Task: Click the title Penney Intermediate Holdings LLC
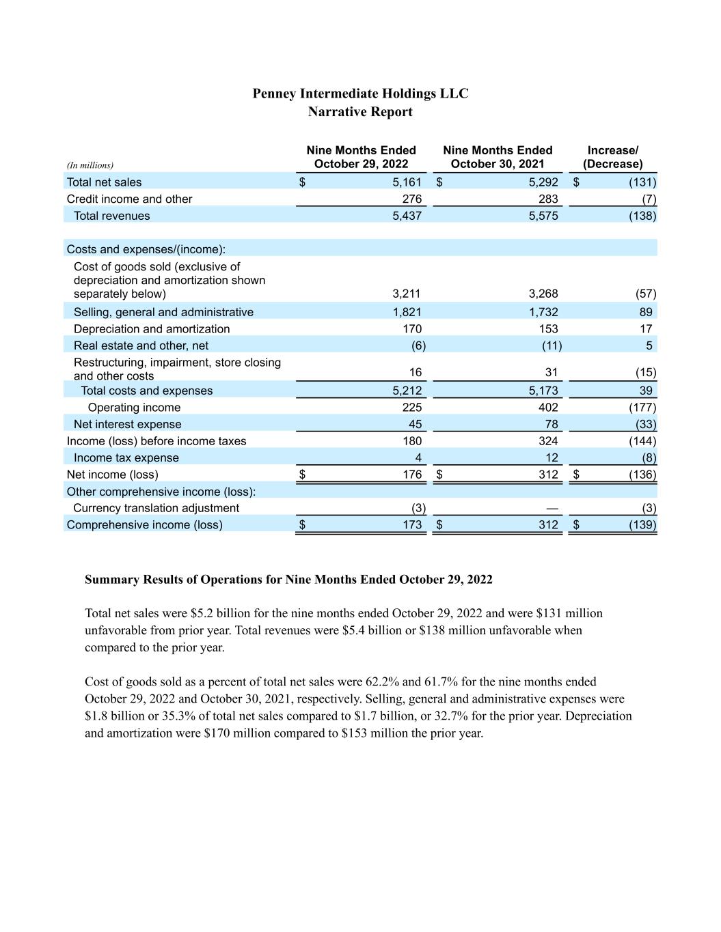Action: [360, 94]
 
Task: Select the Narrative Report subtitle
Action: [360, 112]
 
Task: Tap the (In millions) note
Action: [90, 165]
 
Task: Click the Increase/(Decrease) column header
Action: [612, 157]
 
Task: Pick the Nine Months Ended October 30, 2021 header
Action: [498, 157]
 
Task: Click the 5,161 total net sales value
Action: [407, 182]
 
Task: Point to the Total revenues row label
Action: [111, 216]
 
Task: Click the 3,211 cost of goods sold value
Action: [407, 294]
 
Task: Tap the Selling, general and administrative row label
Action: [163, 312]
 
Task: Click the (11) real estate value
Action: [552, 345]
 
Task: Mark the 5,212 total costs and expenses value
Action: [407, 391]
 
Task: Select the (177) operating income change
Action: [642, 408]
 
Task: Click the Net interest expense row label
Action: [127, 425]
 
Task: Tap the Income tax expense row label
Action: [126, 458]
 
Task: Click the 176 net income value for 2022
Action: [412, 475]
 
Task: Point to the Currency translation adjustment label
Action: [156, 508]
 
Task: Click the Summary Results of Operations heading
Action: [288, 580]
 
